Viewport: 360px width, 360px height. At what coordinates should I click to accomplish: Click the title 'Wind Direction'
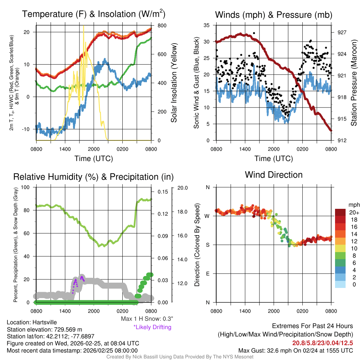pyautogui.click(x=274, y=175)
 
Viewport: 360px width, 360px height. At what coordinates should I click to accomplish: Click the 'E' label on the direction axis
pyautogui.click(x=207, y=274)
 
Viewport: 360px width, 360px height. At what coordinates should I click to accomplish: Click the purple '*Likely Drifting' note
pyautogui.click(x=152, y=327)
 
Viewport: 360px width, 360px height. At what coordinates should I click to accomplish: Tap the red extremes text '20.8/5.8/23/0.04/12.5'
pyautogui.click(x=322, y=343)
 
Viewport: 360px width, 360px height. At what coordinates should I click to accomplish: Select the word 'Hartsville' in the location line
pyautogui.click(x=45, y=322)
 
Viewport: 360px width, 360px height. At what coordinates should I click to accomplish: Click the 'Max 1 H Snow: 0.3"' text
pyautogui.click(x=147, y=319)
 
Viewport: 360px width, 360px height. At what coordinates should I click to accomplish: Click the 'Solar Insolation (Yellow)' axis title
pyautogui.click(x=174, y=83)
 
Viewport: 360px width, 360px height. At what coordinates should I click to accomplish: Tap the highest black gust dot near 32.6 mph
pyautogui.click(x=254, y=33)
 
